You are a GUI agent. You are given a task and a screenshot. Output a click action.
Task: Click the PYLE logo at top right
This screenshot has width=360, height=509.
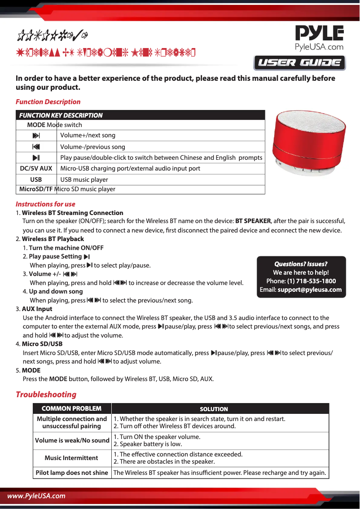(319, 38)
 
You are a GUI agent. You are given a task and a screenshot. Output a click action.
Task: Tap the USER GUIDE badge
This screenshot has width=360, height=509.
(299, 63)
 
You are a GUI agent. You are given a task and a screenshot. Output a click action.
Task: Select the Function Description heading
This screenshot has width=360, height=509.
(48, 102)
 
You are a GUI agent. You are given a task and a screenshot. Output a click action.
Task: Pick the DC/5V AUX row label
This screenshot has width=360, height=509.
(36, 168)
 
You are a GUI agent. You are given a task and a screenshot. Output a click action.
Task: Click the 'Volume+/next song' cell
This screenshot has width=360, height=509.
(88, 135)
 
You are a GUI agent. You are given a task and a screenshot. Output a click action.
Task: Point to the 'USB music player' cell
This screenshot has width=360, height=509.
(84, 180)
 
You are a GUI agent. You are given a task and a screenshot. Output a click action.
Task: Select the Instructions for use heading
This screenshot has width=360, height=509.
(45, 204)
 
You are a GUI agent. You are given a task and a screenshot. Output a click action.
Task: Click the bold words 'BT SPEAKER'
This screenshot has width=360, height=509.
(253, 221)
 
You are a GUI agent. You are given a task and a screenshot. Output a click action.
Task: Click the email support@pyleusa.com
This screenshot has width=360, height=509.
(309, 290)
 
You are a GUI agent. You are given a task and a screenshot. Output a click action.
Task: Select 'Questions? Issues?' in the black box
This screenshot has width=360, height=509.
(301, 264)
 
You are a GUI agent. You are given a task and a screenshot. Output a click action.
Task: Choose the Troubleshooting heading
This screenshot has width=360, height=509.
(46, 395)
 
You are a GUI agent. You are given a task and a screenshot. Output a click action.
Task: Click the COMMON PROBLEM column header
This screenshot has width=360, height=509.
(71, 408)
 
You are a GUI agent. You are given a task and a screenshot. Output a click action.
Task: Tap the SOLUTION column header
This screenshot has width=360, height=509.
(214, 409)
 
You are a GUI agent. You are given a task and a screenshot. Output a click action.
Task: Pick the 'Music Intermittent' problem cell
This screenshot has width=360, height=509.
(71, 458)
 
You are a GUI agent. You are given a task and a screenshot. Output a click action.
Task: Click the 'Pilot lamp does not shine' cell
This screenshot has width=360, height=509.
(72, 473)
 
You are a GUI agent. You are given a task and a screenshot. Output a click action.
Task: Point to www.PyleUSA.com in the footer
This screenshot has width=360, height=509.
(36, 496)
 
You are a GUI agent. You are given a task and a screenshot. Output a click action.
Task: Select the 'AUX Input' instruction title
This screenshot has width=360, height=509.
(37, 309)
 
